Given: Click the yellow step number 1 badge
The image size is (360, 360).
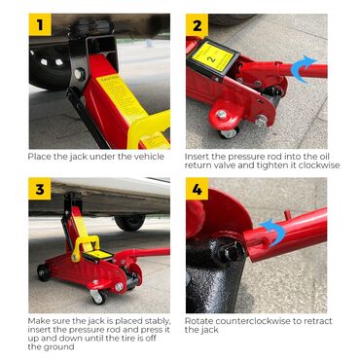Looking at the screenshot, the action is [x=40, y=24].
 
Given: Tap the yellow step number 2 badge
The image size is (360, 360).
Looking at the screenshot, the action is [x=197, y=25].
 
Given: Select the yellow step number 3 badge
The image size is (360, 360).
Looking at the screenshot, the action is [x=40, y=189].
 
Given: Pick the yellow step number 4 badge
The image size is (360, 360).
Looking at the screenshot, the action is [x=197, y=189].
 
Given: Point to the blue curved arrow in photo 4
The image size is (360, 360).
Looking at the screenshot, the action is [x=272, y=232].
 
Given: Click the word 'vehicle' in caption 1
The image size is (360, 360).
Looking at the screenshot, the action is [x=149, y=157].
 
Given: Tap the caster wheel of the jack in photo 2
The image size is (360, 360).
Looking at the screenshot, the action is [x=230, y=132].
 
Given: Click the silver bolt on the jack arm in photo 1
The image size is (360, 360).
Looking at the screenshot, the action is [x=80, y=74].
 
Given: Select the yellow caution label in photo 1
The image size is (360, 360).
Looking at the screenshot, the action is [x=122, y=98].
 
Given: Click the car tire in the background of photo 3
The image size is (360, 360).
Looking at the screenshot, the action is [x=130, y=223].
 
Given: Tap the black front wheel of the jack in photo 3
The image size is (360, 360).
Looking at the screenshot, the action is [x=44, y=272].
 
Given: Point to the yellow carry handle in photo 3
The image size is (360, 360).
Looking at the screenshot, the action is [x=86, y=247].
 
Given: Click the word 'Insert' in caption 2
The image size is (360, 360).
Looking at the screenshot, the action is [x=197, y=157].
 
